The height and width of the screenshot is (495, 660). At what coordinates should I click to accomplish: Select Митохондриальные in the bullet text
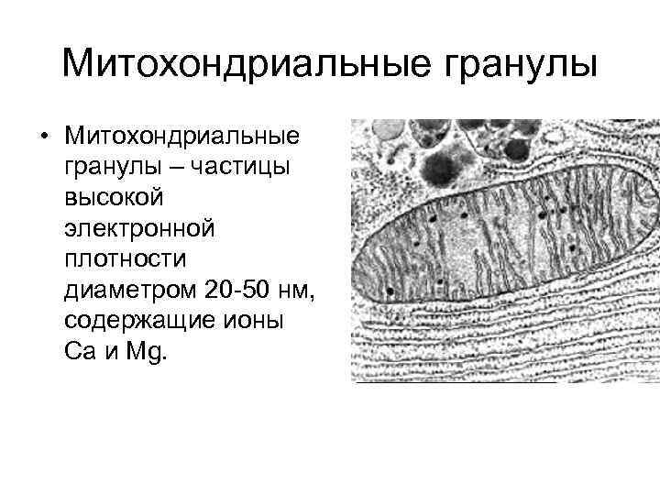point(181,137)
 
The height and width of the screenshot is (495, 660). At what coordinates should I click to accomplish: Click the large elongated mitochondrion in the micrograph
point(504,243)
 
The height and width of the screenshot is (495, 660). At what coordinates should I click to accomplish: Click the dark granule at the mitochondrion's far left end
point(390,291)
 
